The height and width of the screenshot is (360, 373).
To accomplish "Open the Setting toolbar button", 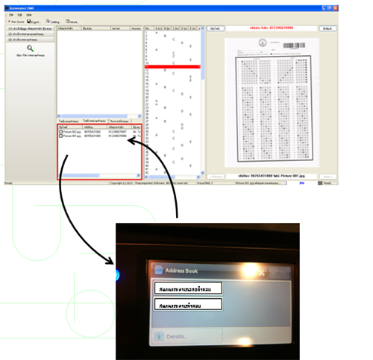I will click(x=52, y=22).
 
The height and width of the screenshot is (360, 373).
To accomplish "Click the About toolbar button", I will click(x=70, y=22).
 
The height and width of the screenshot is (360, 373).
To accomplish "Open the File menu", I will click(x=10, y=14).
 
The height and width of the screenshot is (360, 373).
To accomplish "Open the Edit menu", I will click(x=19, y=14).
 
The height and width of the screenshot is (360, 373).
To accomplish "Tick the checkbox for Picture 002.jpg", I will click(x=60, y=132).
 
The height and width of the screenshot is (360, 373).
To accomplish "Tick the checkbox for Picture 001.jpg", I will click(x=60, y=136).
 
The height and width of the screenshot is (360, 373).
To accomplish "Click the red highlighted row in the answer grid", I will click(x=172, y=66).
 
